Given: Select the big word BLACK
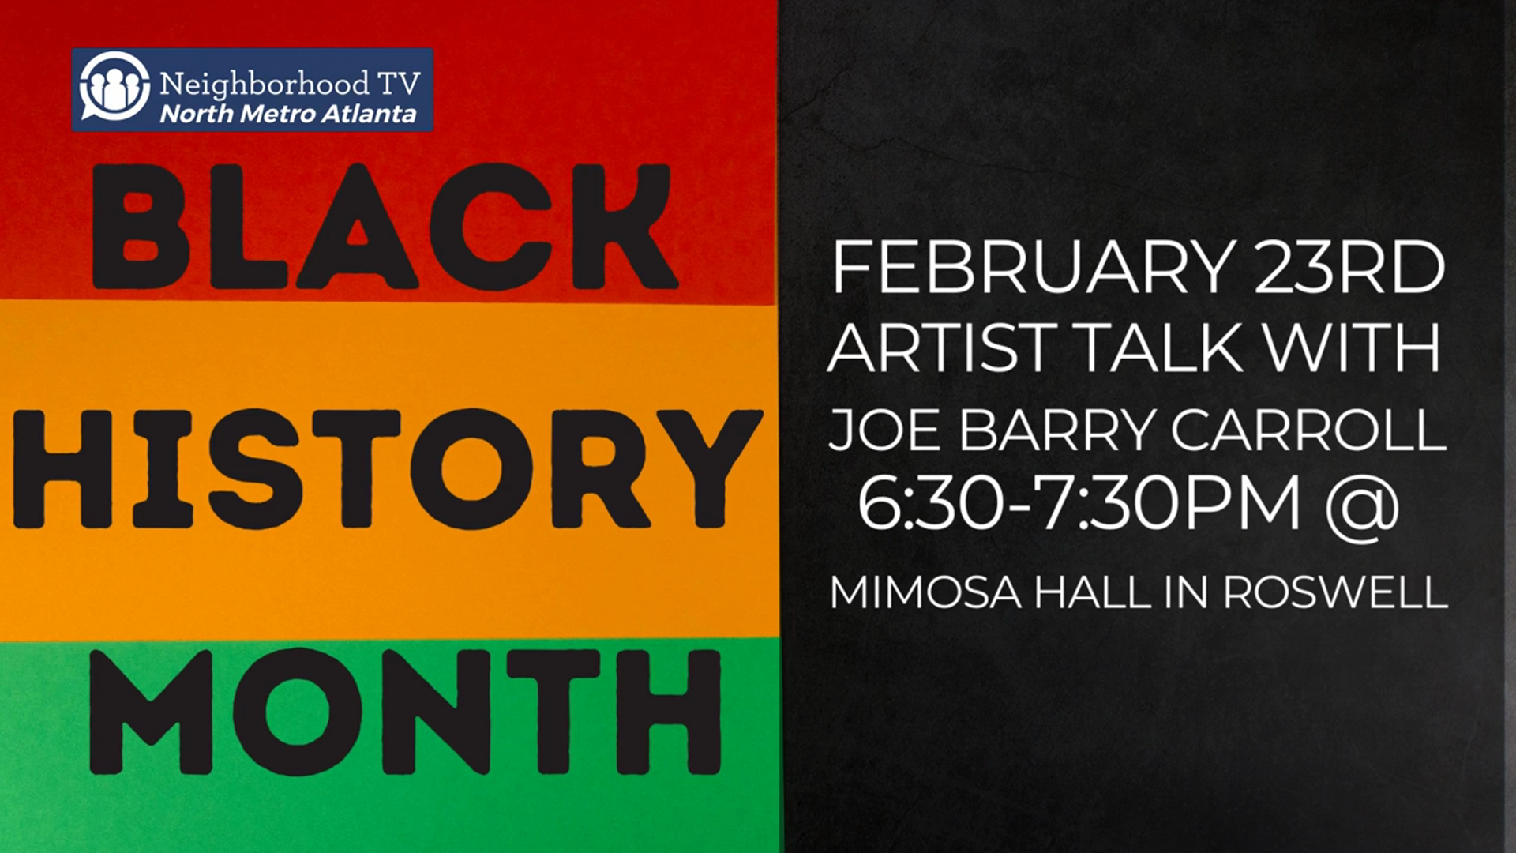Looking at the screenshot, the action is (384, 227).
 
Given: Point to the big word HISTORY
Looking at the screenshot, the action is (387, 469).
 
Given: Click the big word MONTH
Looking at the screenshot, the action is (405, 711).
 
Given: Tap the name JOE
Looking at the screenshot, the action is (883, 430).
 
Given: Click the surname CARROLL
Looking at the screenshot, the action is (1308, 430).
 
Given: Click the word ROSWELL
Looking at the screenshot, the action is (1336, 592).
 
